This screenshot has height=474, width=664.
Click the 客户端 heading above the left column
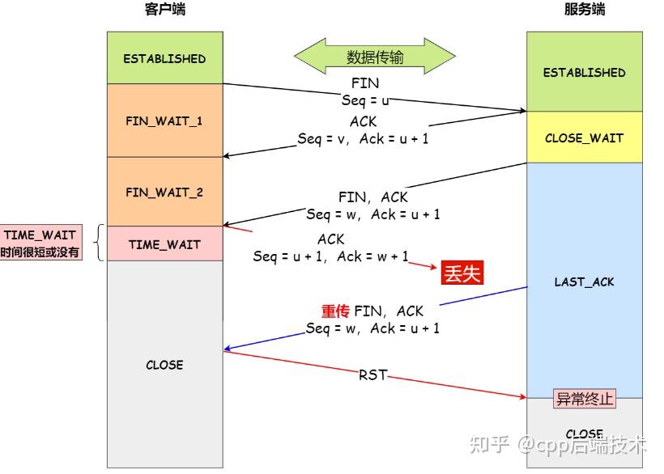(x=164, y=11)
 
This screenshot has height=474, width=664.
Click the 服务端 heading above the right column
(x=584, y=11)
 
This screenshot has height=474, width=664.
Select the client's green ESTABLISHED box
(x=164, y=58)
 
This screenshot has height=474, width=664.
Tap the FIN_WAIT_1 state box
(x=164, y=121)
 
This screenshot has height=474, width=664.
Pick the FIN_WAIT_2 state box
(x=164, y=193)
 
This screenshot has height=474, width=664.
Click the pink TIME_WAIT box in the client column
(x=164, y=244)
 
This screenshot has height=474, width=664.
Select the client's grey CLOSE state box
(x=164, y=364)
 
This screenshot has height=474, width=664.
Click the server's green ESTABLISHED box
(x=584, y=72)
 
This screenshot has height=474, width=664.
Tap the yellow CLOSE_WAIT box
(x=584, y=138)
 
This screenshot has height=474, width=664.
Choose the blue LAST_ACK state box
(x=584, y=281)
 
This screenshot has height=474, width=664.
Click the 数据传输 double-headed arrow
(x=374, y=57)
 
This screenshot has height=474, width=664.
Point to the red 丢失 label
(x=462, y=273)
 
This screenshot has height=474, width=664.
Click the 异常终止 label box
(x=584, y=399)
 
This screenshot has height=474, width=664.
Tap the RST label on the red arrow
(x=372, y=375)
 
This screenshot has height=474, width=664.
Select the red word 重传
(x=335, y=311)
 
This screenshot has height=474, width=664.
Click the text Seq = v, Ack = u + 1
(x=363, y=139)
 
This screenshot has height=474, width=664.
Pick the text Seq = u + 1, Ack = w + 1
(x=330, y=256)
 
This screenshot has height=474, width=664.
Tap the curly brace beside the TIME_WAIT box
(x=100, y=243)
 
